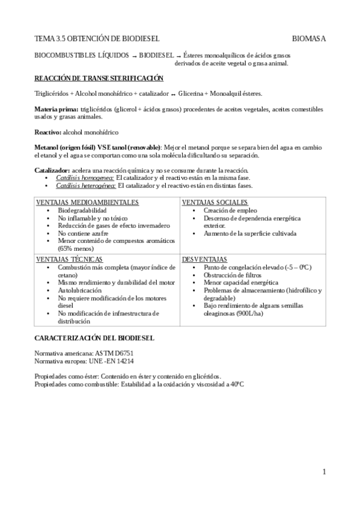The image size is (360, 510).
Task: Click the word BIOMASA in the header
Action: (309, 38)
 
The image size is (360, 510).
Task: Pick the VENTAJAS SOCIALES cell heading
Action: (215, 202)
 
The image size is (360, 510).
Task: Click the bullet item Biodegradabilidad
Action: (82, 211)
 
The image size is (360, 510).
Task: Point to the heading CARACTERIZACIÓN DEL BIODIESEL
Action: (94, 339)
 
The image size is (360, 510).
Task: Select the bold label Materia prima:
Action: (56, 109)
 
